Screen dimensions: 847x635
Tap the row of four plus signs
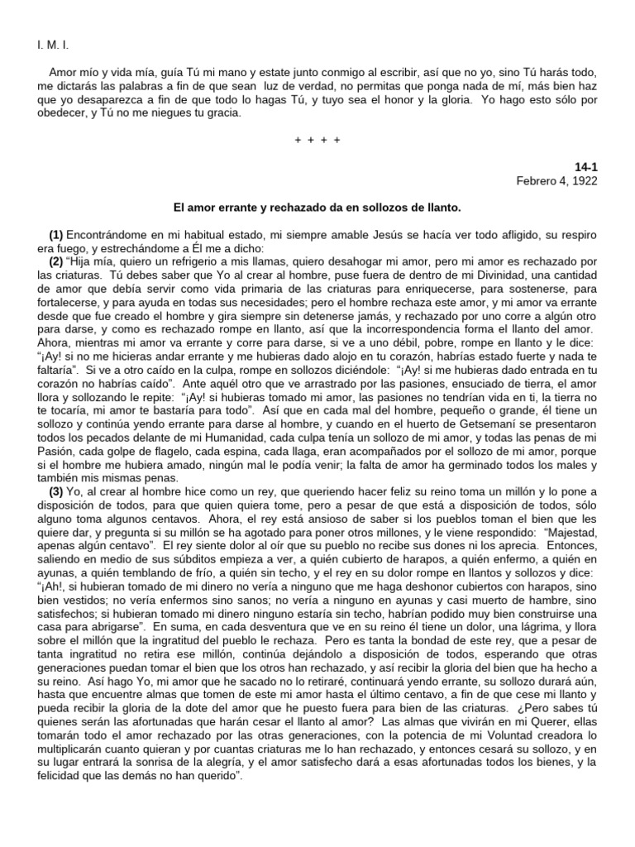(x=317, y=140)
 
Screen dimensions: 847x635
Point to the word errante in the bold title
(x=241, y=206)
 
